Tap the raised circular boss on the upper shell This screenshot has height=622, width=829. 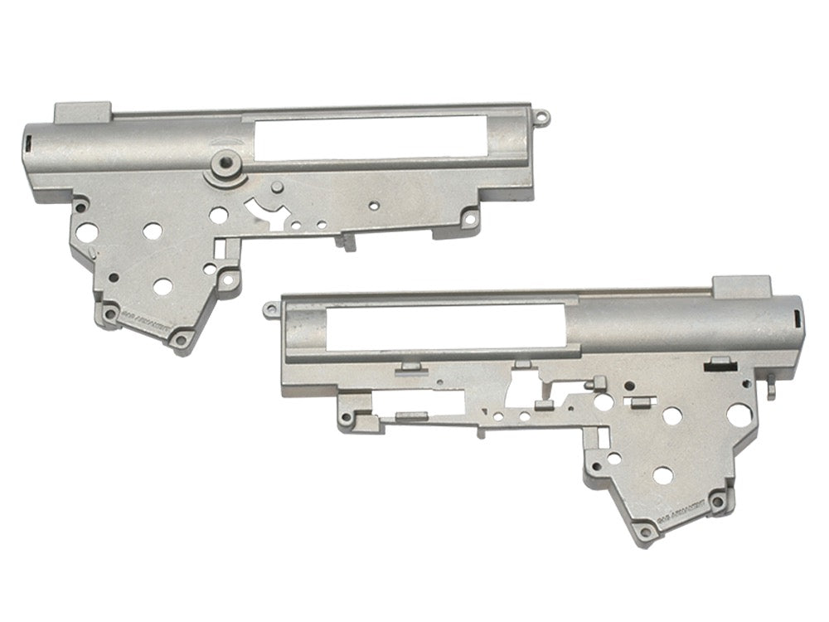(x=221, y=163)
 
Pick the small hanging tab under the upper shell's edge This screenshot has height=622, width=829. (x=346, y=241)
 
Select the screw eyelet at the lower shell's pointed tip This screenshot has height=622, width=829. (x=269, y=311)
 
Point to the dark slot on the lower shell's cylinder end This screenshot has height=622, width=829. (x=798, y=317)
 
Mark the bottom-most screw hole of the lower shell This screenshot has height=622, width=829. (x=643, y=528)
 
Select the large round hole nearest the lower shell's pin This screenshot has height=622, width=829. (x=738, y=412)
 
